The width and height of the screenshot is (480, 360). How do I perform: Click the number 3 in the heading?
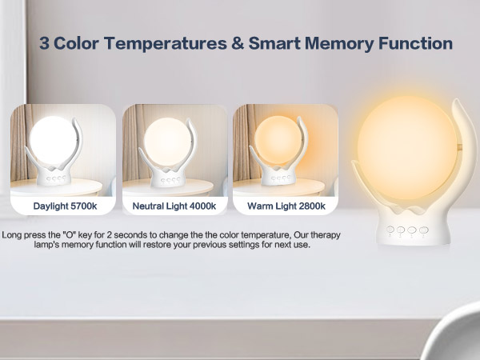(x=45, y=43)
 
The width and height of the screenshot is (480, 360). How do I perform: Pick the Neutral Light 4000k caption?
(x=175, y=206)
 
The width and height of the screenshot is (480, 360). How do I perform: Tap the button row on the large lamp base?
(x=402, y=229)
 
